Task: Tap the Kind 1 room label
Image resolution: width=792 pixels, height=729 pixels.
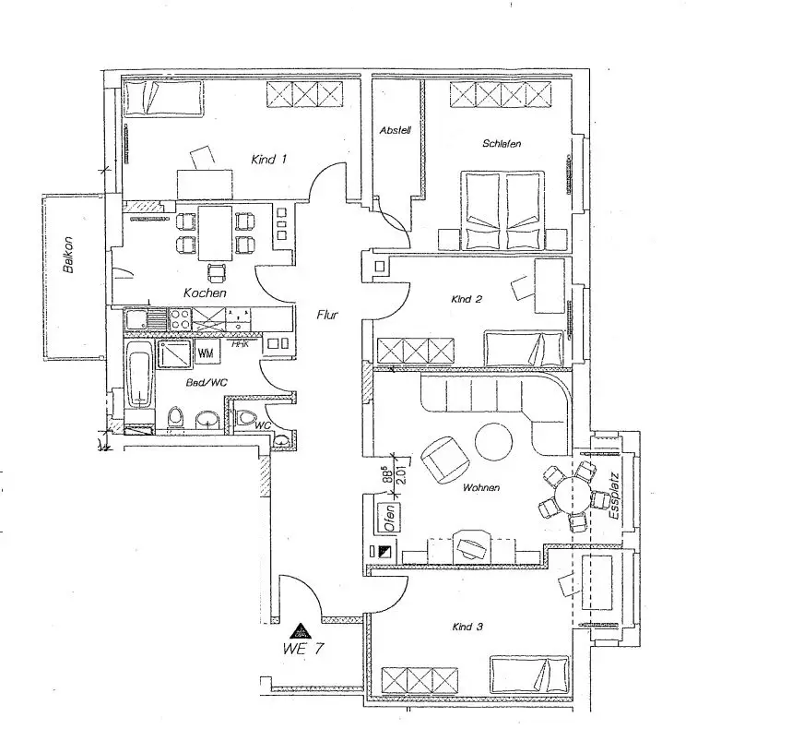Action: pyautogui.click(x=269, y=160)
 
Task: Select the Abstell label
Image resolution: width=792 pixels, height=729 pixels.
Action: pyautogui.click(x=395, y=131)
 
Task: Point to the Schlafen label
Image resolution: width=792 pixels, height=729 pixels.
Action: pyautogui.click(x=502, y=144)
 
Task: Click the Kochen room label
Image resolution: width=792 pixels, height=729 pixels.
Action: pyautogui.click(x=205, y=293)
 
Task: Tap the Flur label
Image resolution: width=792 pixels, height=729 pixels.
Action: pyautogui.click(x=327, y=315)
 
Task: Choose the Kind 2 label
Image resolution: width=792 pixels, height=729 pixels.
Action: pyautogui.click(x=467, y=299)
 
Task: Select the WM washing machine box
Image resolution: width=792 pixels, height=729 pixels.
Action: pyautogui.click(x=206, y=353)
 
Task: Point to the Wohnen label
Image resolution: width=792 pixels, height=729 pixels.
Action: pyautogui.click(x=481, y=486)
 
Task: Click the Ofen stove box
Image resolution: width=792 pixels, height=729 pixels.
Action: pyautogui.click(x=389, y=516)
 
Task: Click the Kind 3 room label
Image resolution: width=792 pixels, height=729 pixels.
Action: pyautogui.click(x=467, y=627)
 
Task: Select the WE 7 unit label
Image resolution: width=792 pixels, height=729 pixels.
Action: pyautogui.click(x=303, y=648)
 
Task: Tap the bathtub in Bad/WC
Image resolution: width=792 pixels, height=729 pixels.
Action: pyautogui.click(x=139, y=376)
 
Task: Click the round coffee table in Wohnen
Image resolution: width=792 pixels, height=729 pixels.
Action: pyautogui.click(x=494, y=440)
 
